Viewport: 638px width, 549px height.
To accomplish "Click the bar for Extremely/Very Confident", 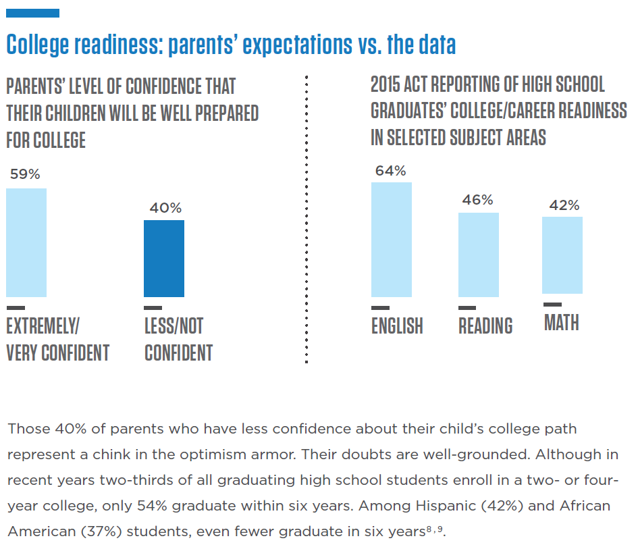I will click(26, 242).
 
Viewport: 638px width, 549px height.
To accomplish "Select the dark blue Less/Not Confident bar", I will click(164, 259).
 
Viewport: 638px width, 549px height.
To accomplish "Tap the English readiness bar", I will click(392, 240).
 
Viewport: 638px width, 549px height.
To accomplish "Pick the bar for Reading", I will click(479, 255).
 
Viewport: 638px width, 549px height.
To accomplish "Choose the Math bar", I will click(562, 255).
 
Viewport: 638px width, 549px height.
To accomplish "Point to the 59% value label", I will click(25, 174).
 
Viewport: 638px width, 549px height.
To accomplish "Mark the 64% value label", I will click(391, 170).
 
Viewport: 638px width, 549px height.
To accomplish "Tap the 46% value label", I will click(477, 200).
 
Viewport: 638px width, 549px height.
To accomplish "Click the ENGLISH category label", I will click(397, 325).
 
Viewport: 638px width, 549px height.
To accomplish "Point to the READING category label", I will click(485, 325).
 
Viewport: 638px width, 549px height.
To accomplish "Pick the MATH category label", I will click(562, 323).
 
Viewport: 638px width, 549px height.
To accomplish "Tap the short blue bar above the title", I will click(32, 13).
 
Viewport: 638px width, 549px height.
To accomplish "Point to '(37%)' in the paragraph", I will click(99, 531).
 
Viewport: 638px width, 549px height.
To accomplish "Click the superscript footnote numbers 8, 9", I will click(435, 528).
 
